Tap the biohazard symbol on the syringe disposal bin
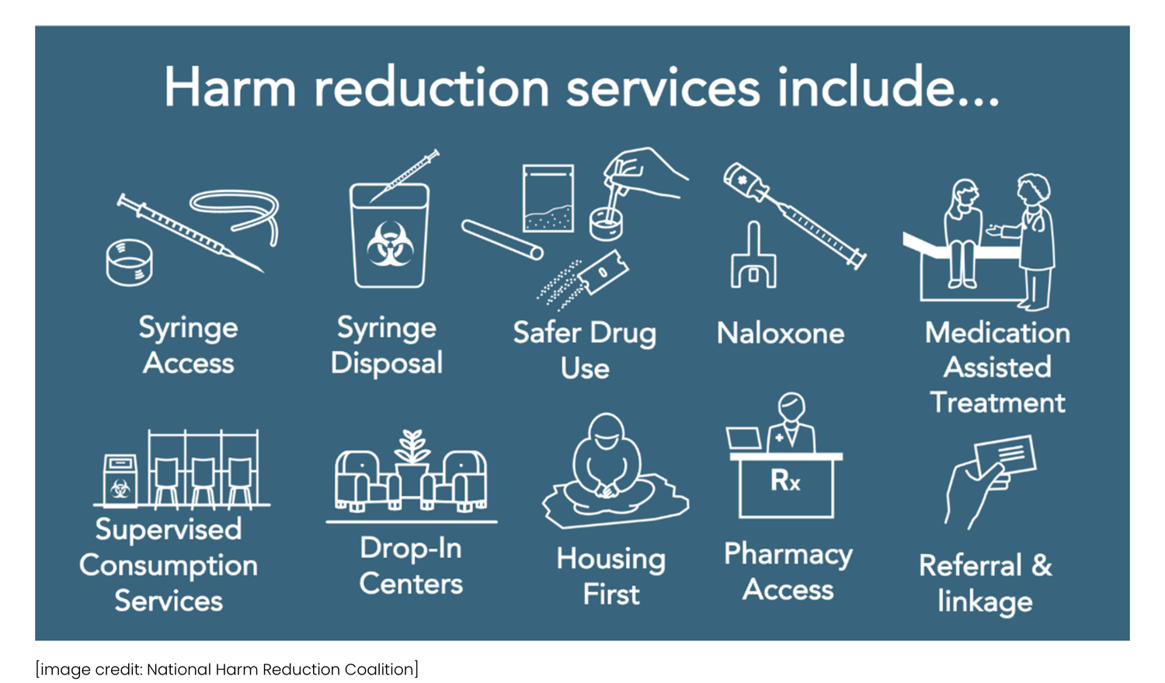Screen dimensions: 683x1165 (390, 243)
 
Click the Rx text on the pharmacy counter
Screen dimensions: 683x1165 (785, 481)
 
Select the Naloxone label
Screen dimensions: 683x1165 (781, 333)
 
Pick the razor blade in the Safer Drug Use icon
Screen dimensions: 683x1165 (603, 272)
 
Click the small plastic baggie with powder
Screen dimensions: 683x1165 (548, 198)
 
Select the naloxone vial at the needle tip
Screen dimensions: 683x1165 (744, 181)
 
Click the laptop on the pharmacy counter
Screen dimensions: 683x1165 (744, 439)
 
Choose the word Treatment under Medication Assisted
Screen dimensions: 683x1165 (997, 402)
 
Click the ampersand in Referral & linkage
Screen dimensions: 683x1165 (1042, 565)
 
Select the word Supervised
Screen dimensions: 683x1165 (169, 530)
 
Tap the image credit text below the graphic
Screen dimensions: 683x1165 (227, 669)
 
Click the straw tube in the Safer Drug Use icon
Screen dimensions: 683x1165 (502, 239)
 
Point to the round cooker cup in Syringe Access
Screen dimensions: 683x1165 (129, 262)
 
